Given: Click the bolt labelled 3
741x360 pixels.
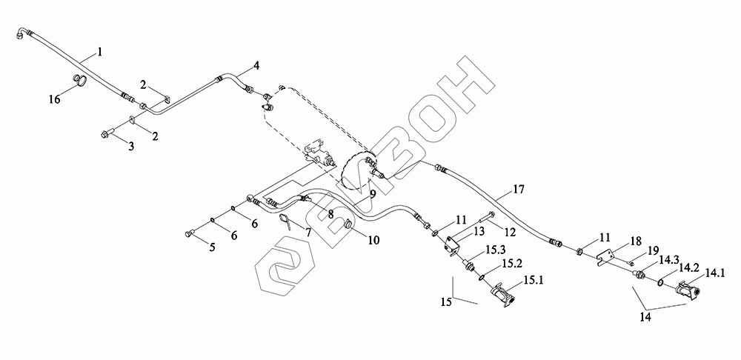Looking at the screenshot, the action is pos(104,134).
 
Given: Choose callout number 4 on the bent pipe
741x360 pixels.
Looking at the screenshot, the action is pos(256,66).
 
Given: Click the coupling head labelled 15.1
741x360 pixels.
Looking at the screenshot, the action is pos(503,295).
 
